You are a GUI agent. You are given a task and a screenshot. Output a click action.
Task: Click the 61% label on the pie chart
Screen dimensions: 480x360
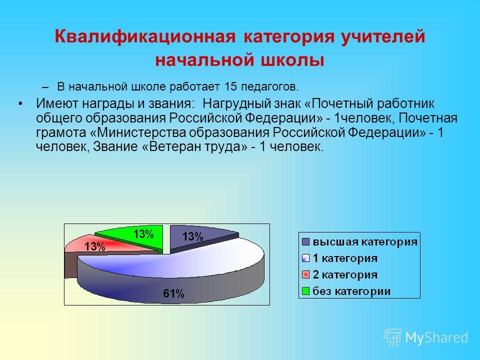173,293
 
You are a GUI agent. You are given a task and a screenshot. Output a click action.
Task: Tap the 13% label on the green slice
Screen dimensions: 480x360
143,234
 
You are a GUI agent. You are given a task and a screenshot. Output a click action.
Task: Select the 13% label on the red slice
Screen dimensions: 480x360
95,246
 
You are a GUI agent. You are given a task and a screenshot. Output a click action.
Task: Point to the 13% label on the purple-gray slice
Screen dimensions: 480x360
193,236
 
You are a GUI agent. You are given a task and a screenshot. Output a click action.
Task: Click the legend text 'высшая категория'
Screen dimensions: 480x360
365,242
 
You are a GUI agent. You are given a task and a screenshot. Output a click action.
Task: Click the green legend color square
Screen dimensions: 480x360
306,291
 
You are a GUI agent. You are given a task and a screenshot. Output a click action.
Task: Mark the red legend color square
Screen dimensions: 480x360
306,274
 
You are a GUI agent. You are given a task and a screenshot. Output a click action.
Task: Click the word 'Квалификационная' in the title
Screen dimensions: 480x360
145,37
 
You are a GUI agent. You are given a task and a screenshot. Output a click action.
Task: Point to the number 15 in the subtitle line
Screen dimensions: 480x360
230,86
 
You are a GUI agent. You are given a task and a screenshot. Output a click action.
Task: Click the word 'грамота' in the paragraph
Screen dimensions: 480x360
61,133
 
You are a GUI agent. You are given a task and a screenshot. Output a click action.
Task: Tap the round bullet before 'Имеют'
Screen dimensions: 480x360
20,104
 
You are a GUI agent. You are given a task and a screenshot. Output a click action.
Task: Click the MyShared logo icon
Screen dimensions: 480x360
393,337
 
